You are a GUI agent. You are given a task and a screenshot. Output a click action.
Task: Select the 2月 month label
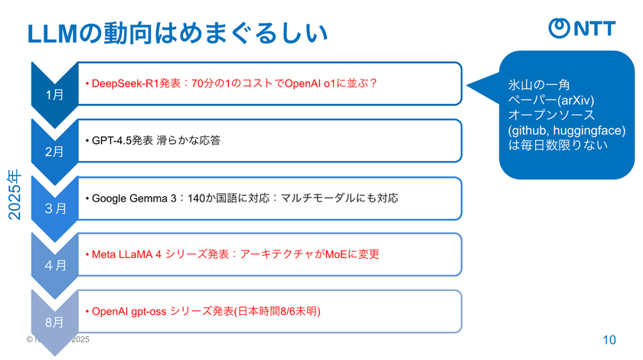coord(55,152)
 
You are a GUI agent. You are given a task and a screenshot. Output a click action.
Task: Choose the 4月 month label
coord(55,265)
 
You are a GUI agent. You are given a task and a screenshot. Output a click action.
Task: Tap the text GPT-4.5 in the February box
coord(111,140)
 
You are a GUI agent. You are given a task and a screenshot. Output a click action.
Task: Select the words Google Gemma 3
coord(133,198)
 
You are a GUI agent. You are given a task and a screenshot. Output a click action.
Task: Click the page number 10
coord(609,339)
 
